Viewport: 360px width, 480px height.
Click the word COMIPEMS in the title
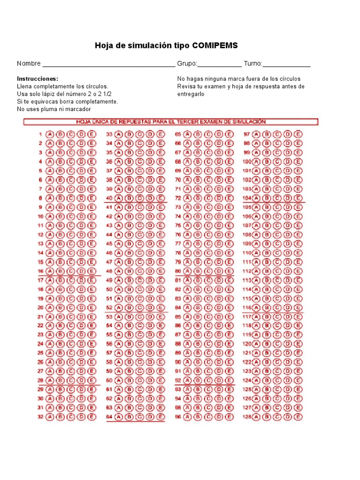pos(216,45)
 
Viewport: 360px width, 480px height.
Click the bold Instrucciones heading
pos(37,79)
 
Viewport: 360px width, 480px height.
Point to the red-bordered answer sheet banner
pos(171,122)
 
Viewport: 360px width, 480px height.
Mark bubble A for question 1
pos(49,134)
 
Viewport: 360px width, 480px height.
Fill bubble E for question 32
pos(91,417)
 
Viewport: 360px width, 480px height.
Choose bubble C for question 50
pos(140,290)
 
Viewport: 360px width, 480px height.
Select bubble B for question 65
pos(198,134)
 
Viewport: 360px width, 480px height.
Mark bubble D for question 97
pos(288,134)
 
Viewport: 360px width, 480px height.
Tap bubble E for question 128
pos(299,417)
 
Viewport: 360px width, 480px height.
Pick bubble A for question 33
pos(119,134)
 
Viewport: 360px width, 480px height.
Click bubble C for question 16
pos(70,271)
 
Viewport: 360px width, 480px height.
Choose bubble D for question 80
pos(218,271)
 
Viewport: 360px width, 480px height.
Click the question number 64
pos(109,417)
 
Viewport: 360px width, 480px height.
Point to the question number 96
pos(178,417)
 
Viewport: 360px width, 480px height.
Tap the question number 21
pos(41,317)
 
